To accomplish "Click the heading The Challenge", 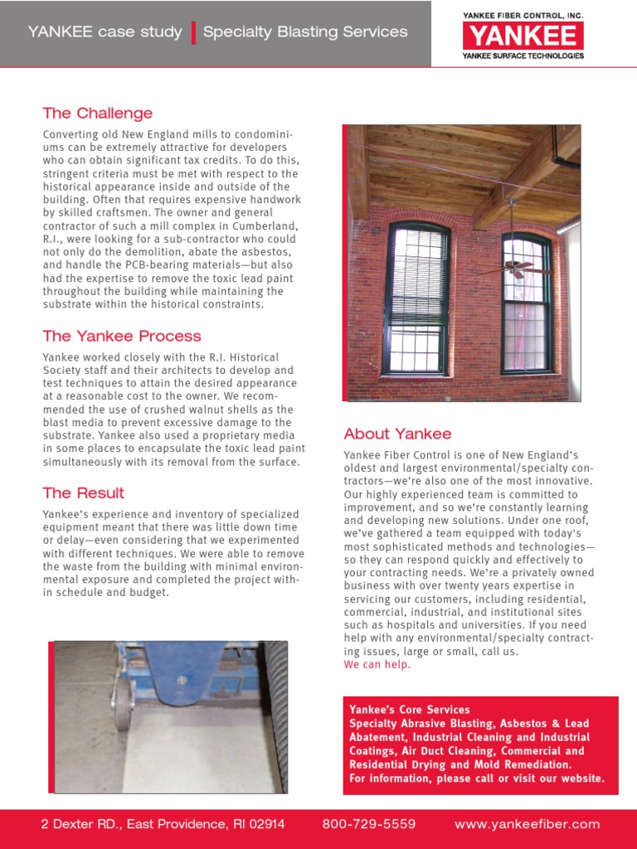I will [x=98, y=114].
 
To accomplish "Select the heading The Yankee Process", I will [x=122, y=337].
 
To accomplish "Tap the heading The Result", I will [x=84, y=493].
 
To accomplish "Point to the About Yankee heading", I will [x=397, y=434].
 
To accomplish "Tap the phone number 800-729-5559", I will [x=368, y=824].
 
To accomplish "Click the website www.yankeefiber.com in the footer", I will [x=527, y=824].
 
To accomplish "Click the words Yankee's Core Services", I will [x=410, y=710].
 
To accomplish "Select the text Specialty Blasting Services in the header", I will [x=305, y=32].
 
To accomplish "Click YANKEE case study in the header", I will [x=105, y=32].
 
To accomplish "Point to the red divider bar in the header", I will [x=193, y=32].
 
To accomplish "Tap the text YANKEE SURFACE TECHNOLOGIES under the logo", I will [x=523, y=56].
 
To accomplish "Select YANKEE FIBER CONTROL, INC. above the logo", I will [x=523, y=15].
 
